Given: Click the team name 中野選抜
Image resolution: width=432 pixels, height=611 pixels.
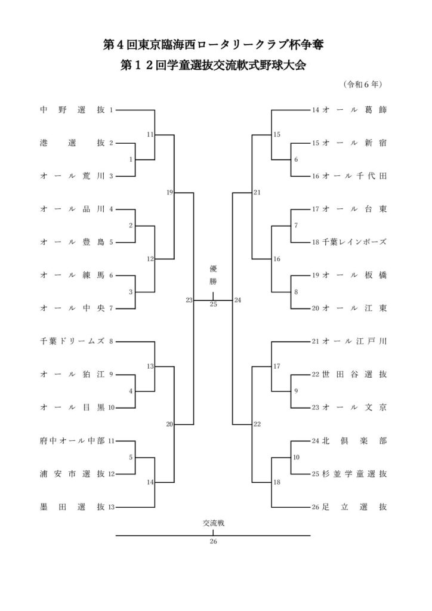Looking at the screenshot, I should (72, 110).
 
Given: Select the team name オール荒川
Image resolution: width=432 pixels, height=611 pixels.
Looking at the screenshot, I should (72, 176).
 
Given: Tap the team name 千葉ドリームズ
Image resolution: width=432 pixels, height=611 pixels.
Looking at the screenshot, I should (72, 341).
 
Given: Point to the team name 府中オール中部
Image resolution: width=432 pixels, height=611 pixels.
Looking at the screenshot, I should (72, 441).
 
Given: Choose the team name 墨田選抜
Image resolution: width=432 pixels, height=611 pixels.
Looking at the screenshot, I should (72, 507).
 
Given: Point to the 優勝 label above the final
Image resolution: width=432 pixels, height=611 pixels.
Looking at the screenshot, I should (213, 274).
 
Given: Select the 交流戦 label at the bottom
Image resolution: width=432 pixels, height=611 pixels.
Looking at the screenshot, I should (213, 523).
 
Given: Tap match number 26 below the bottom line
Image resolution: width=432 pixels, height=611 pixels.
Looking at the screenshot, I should (213, 542).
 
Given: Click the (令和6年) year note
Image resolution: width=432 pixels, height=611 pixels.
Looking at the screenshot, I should (363, 84).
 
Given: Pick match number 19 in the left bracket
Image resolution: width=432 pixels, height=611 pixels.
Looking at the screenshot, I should (170, 193).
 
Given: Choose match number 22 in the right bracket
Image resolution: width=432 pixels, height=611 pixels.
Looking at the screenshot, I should (257, 424).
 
